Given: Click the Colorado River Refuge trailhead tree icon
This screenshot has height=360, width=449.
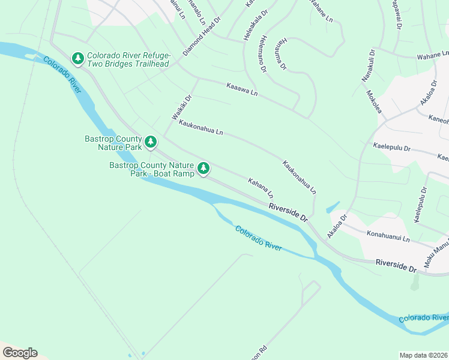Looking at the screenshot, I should (77, 58).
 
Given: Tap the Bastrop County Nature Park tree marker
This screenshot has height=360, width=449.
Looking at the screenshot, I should (151, 142).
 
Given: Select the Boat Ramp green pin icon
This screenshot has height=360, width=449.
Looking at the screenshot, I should (204, 169).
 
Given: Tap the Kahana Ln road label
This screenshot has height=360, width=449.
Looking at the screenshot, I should (261, 188).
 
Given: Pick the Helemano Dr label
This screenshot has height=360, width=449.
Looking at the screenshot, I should (263, 56).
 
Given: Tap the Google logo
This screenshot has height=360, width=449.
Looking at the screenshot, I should (19, 353).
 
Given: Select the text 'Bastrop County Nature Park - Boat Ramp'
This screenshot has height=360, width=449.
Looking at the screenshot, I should (152, 169).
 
